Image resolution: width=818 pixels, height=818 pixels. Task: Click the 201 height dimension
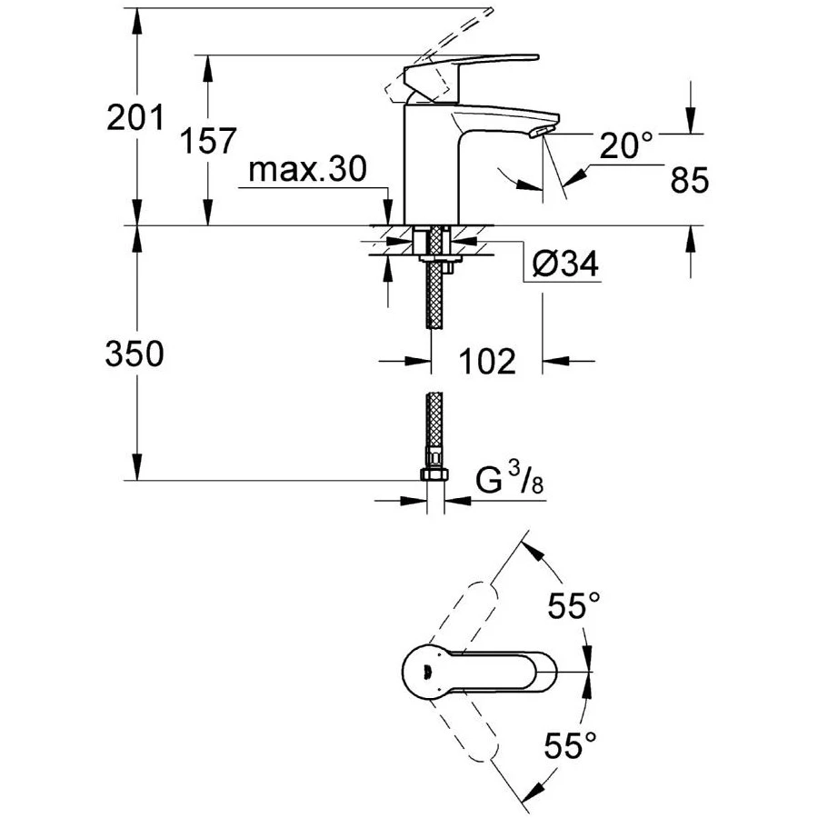[135, 118]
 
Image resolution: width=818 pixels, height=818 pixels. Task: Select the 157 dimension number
[207, 142]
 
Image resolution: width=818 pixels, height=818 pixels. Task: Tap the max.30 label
[307, 170]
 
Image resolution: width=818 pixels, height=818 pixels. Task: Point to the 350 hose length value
[135, 354]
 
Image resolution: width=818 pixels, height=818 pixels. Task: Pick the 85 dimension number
[688, 181]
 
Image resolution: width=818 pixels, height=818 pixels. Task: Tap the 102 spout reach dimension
[486, 362]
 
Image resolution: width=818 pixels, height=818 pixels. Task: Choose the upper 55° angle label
[574, 604]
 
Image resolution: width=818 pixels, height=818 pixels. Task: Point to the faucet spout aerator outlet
[540, 134]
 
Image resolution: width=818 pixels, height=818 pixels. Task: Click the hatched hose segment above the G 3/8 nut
[434, 427]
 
